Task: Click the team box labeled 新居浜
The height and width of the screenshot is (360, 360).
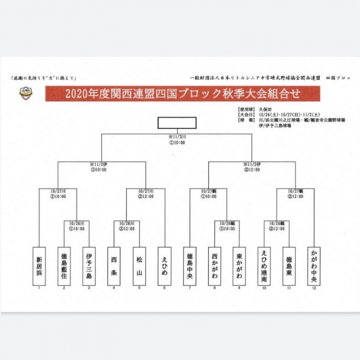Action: point(38,265)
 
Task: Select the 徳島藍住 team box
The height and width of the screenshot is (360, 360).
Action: point(64,265)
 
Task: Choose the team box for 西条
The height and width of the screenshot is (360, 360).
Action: point(114,265)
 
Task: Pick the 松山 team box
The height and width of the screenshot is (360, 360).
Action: point(138,265)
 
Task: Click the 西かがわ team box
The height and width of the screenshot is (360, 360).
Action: point(214,265)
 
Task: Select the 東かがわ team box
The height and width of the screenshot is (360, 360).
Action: point(239,265)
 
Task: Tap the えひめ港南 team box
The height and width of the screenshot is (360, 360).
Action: point(264,265)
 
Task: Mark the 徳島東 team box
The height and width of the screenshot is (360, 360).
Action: point(289,265)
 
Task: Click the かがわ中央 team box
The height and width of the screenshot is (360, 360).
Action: point(313,265)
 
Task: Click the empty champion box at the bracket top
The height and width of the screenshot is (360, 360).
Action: point(177,123)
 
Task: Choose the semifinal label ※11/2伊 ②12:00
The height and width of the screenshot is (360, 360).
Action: point(251,165)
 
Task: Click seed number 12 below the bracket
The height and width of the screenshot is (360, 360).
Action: point(313,289)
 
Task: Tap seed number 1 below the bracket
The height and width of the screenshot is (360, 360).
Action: point(38,289)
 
